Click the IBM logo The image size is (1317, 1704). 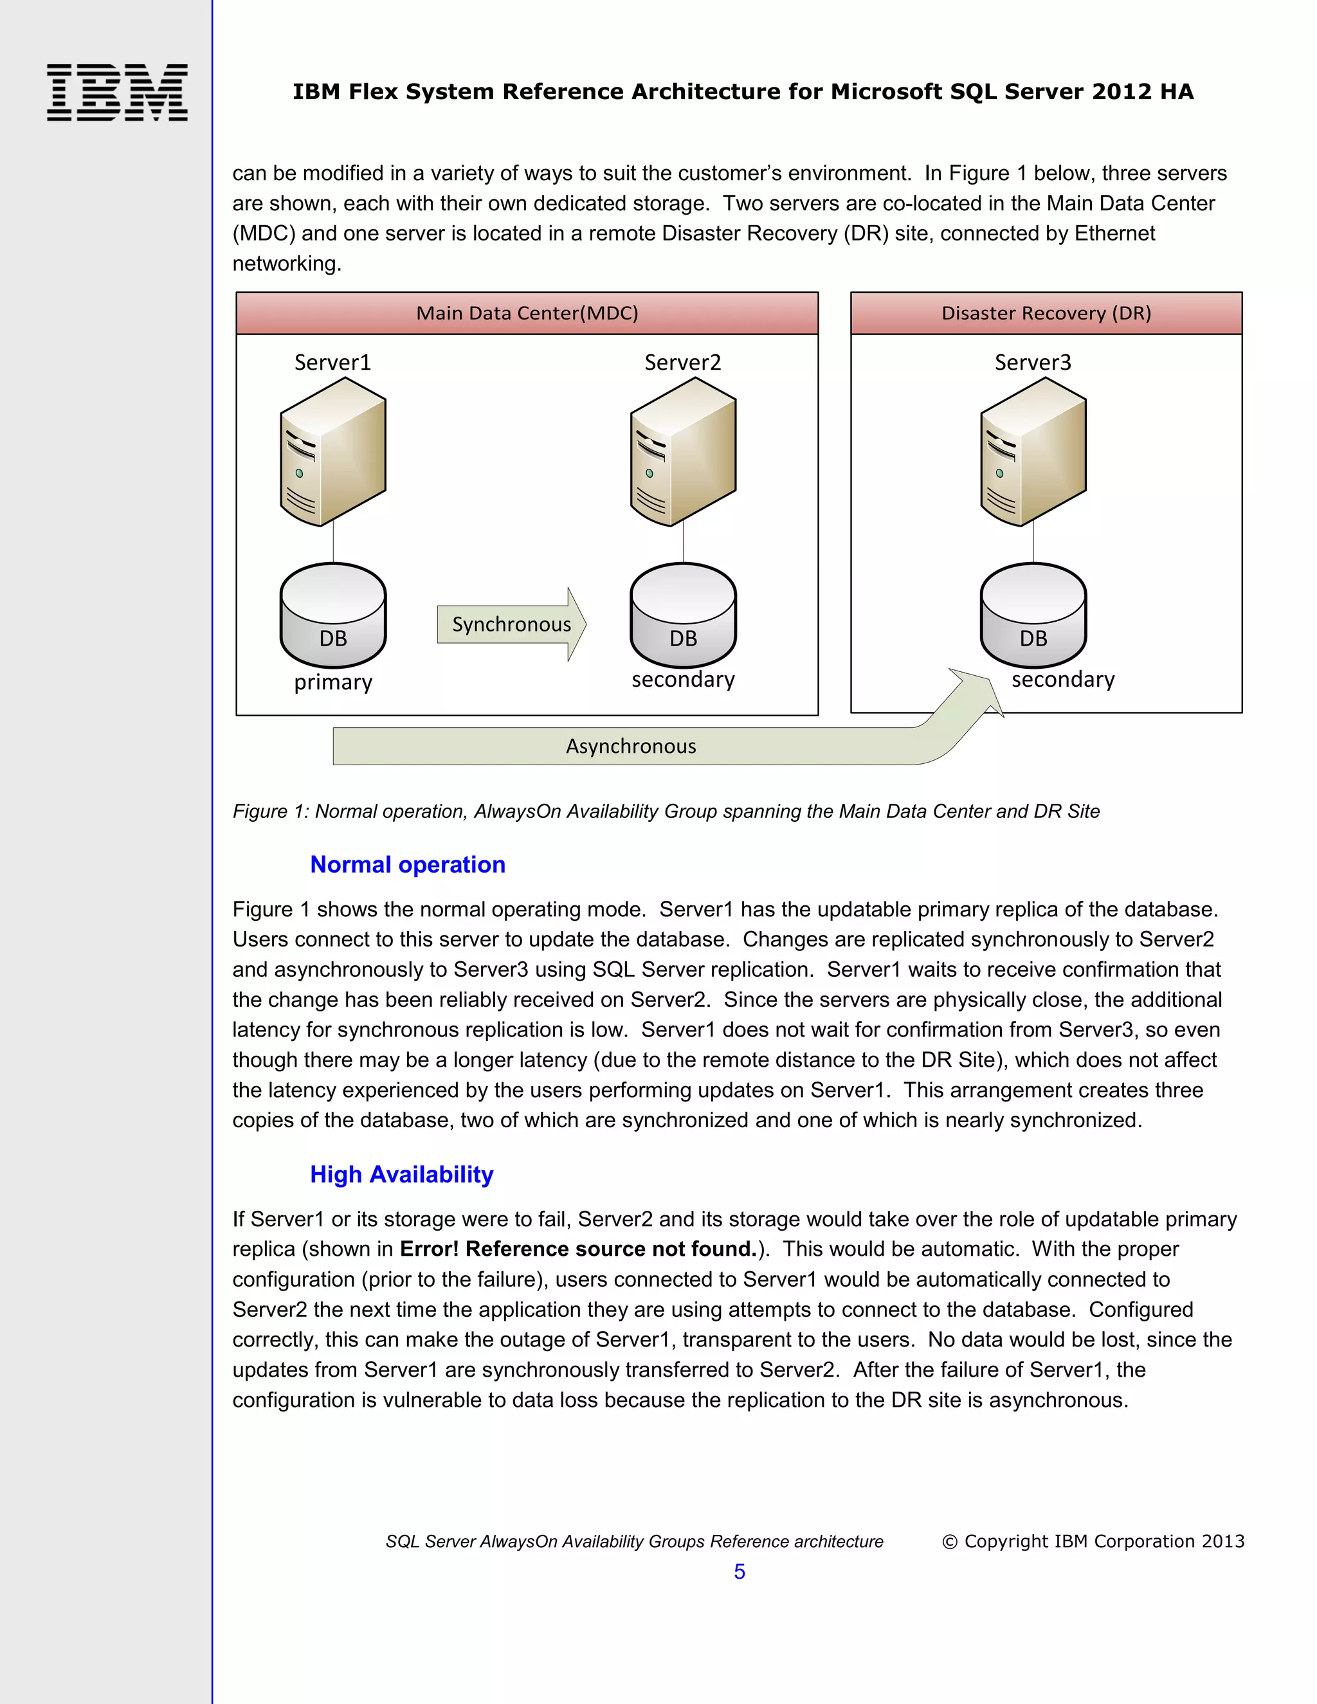[117, 92]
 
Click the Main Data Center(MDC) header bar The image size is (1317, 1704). [527, 314]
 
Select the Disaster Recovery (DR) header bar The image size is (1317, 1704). [1046, 314]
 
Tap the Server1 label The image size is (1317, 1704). [332, 363]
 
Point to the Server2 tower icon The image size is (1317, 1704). [683, 452]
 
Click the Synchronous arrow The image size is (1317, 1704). [511, 625]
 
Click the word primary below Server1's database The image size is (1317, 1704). [333, 683]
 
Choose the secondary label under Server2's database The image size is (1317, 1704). [683, 680]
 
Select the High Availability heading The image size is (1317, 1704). [401, 1174]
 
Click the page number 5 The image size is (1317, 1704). [739, 1572]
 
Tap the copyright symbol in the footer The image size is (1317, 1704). [950, 1542]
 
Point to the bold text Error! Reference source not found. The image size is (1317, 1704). [578, 1249]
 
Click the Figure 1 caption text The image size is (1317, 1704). [666, 811]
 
